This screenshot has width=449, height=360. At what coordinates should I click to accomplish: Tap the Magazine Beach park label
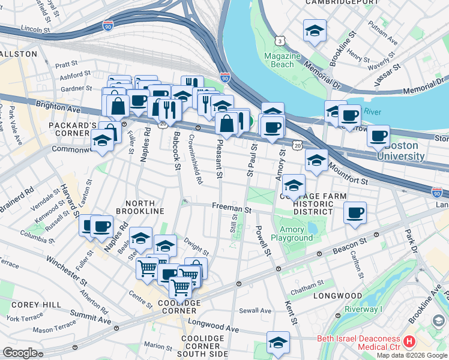283,60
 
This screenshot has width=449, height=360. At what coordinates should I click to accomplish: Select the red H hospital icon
409,341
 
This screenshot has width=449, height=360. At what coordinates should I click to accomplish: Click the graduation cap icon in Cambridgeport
315,31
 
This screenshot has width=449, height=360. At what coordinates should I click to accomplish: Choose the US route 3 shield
280,40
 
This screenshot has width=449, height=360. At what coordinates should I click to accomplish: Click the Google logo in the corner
20,353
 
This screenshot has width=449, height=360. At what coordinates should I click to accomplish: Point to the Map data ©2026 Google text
412,355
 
